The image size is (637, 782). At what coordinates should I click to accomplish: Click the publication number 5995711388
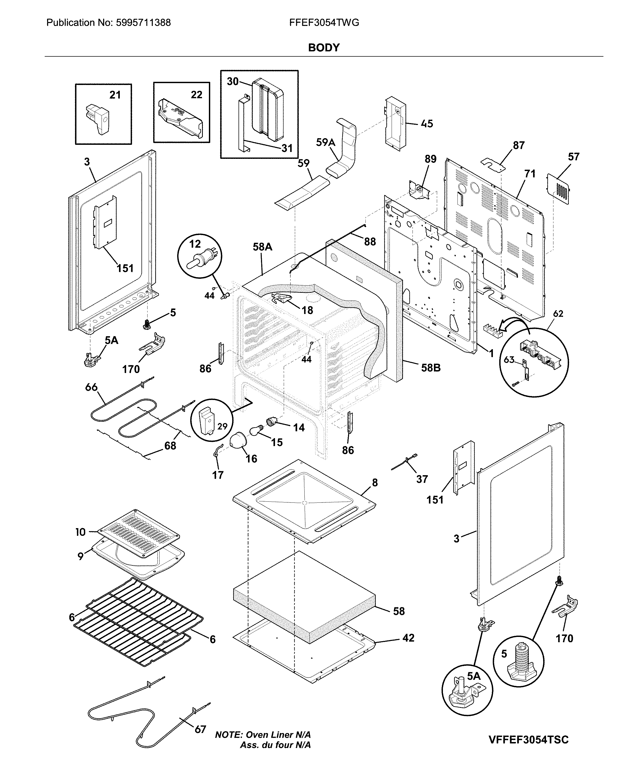(x=143, y=23)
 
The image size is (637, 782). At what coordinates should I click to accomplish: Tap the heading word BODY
(x=324, y=48)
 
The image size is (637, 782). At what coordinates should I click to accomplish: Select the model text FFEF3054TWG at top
(x=324, y=23)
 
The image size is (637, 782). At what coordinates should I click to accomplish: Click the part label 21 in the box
(x=115, y=95)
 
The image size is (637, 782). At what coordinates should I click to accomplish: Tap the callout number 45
(x=427, y=124)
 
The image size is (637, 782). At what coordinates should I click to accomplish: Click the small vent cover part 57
(x=558, y=188)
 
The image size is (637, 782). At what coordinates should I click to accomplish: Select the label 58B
(x=430, y=368)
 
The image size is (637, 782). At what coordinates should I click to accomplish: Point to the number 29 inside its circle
(x=222, y=426)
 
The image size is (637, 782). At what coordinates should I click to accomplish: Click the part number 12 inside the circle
(x=195, y=244)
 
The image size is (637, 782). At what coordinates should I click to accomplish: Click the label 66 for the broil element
(x=91, y=387)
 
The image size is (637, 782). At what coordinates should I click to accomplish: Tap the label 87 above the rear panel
(x=519, y=145)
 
